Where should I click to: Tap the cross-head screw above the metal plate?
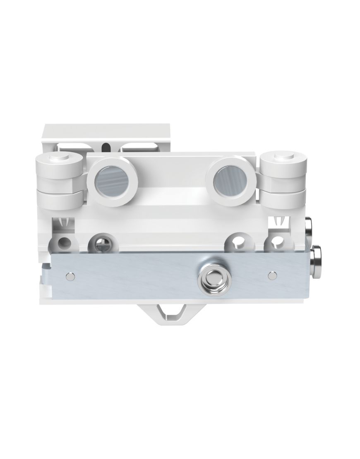click(102, 244)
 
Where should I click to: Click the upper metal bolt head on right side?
click(308, 227)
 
